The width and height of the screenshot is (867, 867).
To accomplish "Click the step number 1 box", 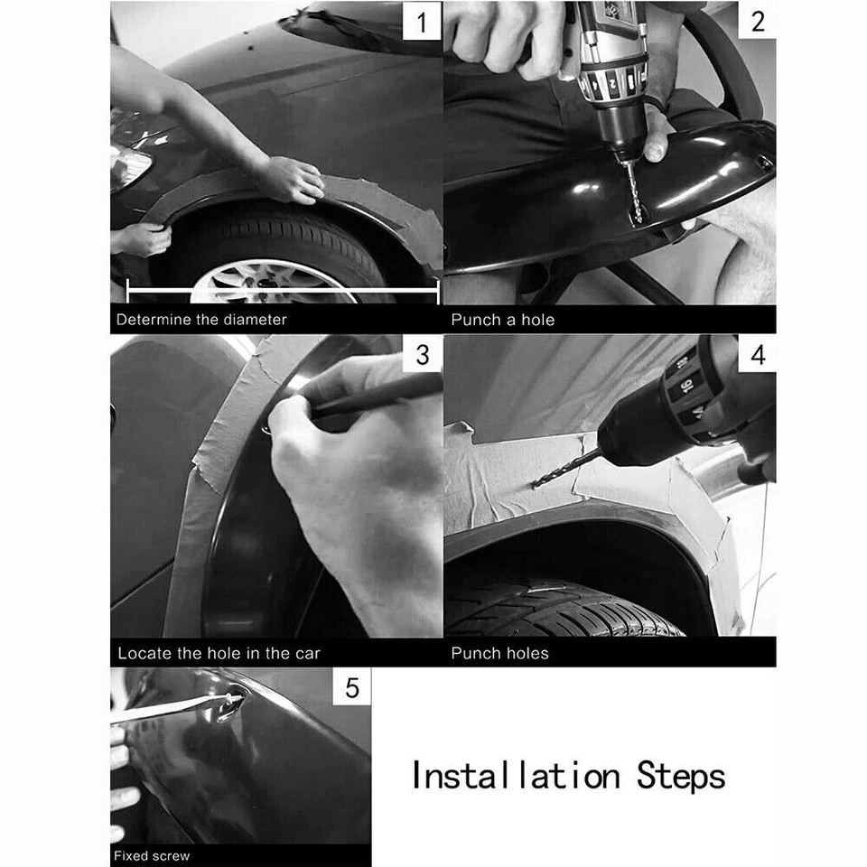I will (422, 20).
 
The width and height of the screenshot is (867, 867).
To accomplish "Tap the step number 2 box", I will (757, 20).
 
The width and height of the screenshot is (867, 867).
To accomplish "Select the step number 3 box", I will (422, 355).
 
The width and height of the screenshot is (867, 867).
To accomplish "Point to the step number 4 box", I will (757, 355).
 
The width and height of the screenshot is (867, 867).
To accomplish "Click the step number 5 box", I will (351, 689).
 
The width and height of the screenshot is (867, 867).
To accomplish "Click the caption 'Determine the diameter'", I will (201, 320).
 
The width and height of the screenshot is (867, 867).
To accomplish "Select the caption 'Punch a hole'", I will (502, 320).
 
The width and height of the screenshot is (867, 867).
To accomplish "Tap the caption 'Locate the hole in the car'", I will (219, 653).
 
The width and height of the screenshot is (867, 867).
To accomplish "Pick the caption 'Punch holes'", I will (499, 653).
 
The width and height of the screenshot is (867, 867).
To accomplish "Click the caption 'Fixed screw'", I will (152, 855).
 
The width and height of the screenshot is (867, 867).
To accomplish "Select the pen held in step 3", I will (370, 397).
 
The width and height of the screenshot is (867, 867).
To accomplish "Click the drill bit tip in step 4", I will (535, 485).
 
